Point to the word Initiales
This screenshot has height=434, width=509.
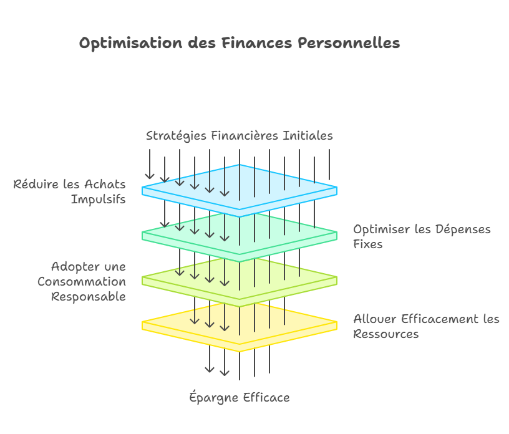click(x=308, y=136)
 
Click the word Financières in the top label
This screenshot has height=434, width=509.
click(x=245, y=136)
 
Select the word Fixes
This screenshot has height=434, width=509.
click(x=368, y=244)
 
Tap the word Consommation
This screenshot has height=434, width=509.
click(x=82, y=282)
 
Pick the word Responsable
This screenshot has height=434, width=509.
click(x=89, y=297)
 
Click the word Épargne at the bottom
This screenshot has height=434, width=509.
click(x=213, y=398)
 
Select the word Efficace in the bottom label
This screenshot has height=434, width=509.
click(x=266, y=398)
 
